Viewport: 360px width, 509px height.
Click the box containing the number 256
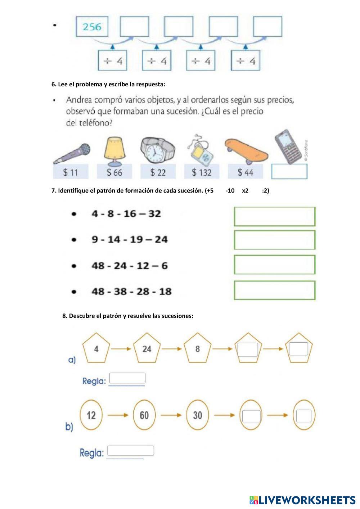(92, 27)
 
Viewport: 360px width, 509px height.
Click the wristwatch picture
(157, 150)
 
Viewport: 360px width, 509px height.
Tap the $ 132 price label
(202, 172)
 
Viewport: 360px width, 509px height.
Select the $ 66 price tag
(114, 172)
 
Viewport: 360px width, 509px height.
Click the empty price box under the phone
(289, 172)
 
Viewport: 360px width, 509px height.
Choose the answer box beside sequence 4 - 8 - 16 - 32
(274, 216)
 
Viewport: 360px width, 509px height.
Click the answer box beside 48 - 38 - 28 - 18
(274, 290)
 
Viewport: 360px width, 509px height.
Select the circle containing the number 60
(144, 415)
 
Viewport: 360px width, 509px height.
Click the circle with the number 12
(91, 415)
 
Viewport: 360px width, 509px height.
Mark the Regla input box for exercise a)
(127, 378)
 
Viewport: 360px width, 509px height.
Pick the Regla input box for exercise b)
(130, 451)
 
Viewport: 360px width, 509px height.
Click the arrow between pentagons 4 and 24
(121, 349)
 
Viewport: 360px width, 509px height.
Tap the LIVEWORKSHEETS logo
(302, 500)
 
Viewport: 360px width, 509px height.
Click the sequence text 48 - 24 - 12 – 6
(130, 266)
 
